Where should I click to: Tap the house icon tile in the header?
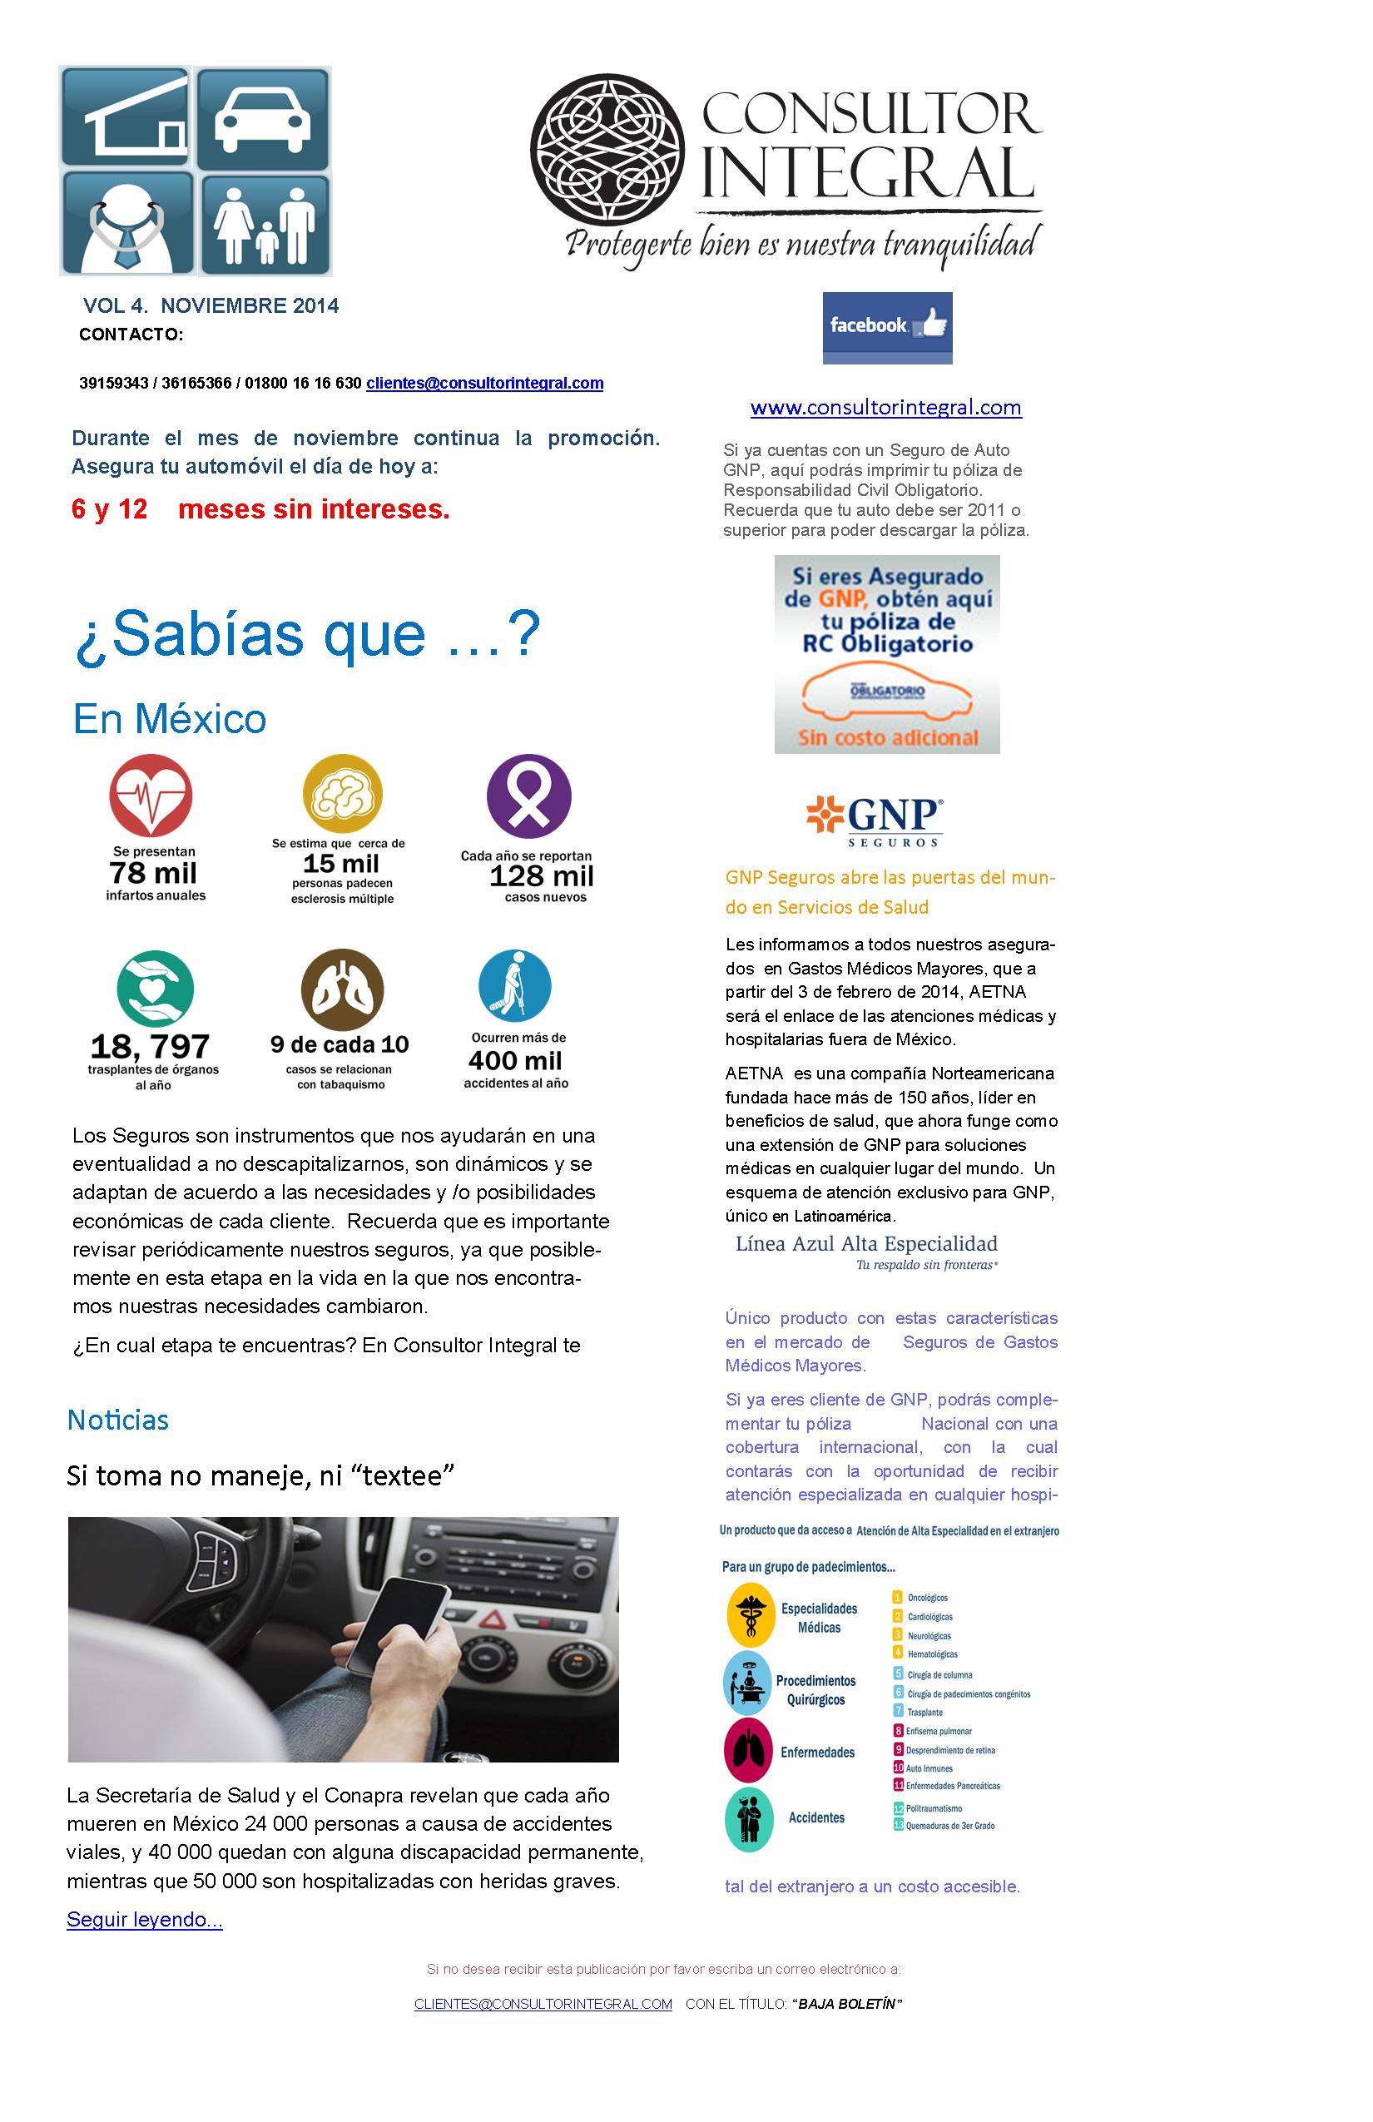point(126,117)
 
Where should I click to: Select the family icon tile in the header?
point(265,225)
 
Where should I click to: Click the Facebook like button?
point(887,327)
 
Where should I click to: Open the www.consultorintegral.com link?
point(885,408)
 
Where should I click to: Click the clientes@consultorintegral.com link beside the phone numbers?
point(484,384)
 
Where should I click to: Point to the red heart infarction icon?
point(151,796)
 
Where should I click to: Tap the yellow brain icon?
point(342,794)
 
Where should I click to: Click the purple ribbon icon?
point(528,796)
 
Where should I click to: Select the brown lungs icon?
point(342,989)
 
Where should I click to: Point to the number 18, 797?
point(150,1046)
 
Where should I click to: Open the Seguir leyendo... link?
point(145,1919)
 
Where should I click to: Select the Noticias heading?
point(117,1420)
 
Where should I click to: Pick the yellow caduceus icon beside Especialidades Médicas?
point(750,1614)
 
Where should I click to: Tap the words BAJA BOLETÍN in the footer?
point(846,2004)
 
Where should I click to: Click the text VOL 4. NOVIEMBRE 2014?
point(211,306)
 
